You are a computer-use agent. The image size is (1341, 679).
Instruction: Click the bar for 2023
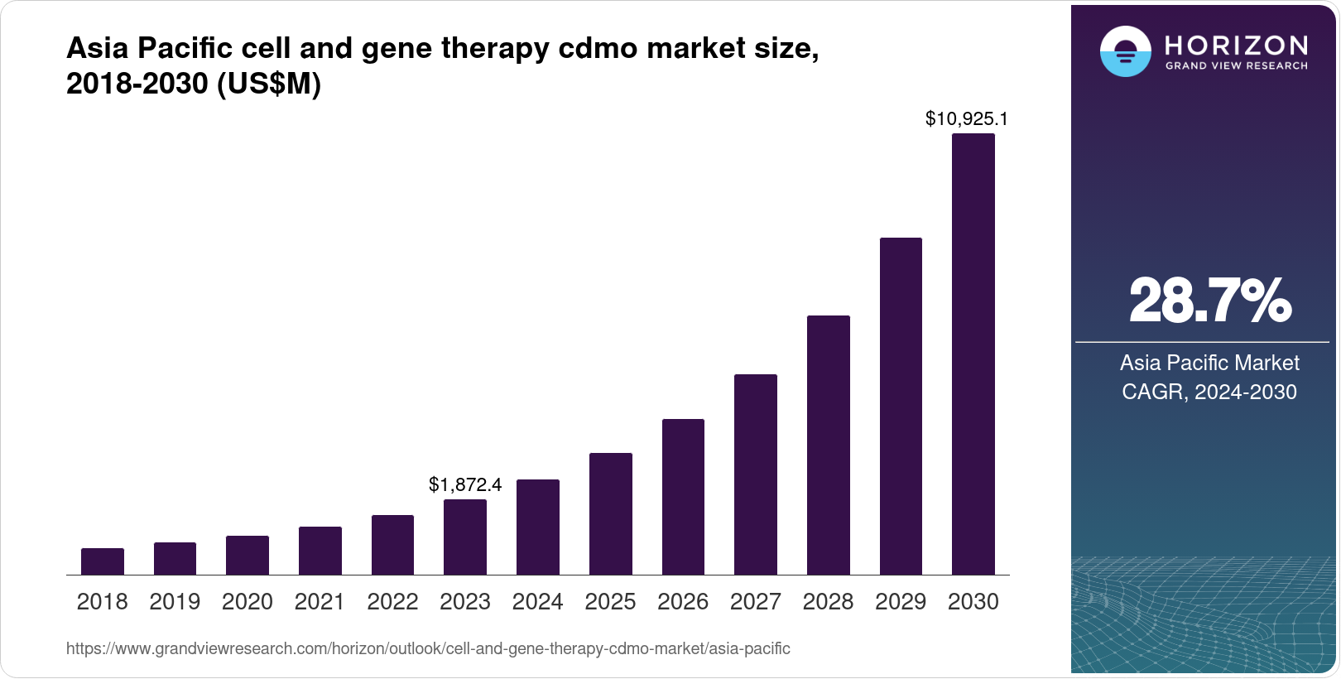click(465, 537)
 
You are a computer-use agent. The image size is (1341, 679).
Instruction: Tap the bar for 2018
click(103, 561)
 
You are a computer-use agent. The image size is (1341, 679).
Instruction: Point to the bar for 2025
click(610, 514)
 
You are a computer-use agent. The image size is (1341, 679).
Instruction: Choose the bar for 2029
click(901, 407)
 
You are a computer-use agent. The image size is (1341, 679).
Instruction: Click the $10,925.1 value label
click(966, 119)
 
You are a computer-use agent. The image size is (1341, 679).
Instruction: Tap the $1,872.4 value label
click(465, 484)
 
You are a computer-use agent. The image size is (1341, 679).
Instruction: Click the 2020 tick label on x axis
click(247, 602)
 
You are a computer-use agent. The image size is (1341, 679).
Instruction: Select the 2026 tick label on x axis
click(683, 602)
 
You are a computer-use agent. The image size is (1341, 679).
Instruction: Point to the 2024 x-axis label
click(537, 602)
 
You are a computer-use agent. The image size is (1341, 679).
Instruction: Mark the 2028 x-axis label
click(828, 602)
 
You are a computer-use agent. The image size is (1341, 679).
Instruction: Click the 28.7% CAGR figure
click(1209, 301)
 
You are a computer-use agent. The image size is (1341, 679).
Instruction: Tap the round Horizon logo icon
click(1125, 51)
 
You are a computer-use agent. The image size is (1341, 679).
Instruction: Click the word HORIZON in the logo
click(1236, 45)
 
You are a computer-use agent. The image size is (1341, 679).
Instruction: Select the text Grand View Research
click(1236, 65)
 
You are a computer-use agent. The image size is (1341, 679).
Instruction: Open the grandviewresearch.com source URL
click(428, 649)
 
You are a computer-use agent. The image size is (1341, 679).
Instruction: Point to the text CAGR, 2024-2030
click(1209, 392)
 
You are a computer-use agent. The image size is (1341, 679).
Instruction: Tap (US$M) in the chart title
click(268, 84)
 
